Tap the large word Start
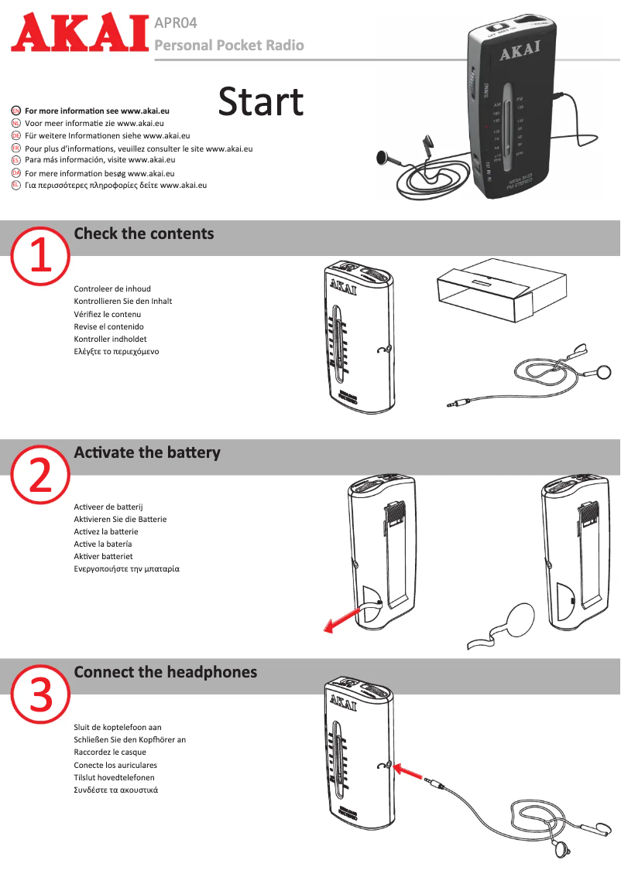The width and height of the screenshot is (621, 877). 261,102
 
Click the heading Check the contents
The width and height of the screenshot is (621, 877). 143,234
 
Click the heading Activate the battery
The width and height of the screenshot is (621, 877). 146,452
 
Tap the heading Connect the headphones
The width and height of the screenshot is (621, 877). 165,672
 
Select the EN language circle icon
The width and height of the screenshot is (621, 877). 16,111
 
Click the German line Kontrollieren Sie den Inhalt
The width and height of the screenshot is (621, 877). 122,301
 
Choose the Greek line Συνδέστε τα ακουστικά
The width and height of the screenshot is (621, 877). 116,790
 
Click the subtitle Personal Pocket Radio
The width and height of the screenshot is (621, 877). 229,45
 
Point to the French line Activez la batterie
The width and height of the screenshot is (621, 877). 106,531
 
